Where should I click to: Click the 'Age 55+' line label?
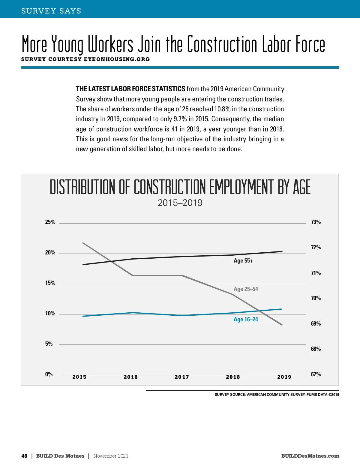pyautogui.click(x=243, y=261)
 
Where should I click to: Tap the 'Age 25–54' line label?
pyautogui.click(x=246, y=289)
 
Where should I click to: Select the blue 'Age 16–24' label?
pyautogui.click(x=246, y=320)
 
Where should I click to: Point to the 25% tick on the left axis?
pyautogui.click(x=50, y=222)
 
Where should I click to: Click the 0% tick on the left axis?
pyautogui.click(x=49, y=374)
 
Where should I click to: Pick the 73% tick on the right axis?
pyautogui.click(x=316, y=222)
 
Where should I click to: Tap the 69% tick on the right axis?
pyautogui.click(x=316, y=324)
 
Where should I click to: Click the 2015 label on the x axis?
pyautogui.click(x=79, y=377)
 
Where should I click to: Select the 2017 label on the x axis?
pyautogui.click(x=182, y=377)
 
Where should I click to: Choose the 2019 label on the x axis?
pyautogui.click(x=284, y=377)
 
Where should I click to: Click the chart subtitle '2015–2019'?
pyautogui.click(x=180, y=203)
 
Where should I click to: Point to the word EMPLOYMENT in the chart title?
pyautogui.click(x=241, y=187)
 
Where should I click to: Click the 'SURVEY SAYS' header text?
pyautogui.click(x=51, y=11)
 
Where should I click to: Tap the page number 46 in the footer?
pyautogui.click(x=24, y=456)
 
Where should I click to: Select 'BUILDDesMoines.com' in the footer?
pyautogui.click(x=310, y=456)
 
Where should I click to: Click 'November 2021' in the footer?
pyautogui.click(x=111, y=456)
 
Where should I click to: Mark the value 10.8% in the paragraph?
pyautogui.click(x=222, y=109)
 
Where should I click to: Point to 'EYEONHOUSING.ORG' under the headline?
pyautogui.click(x=117, y=59)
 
